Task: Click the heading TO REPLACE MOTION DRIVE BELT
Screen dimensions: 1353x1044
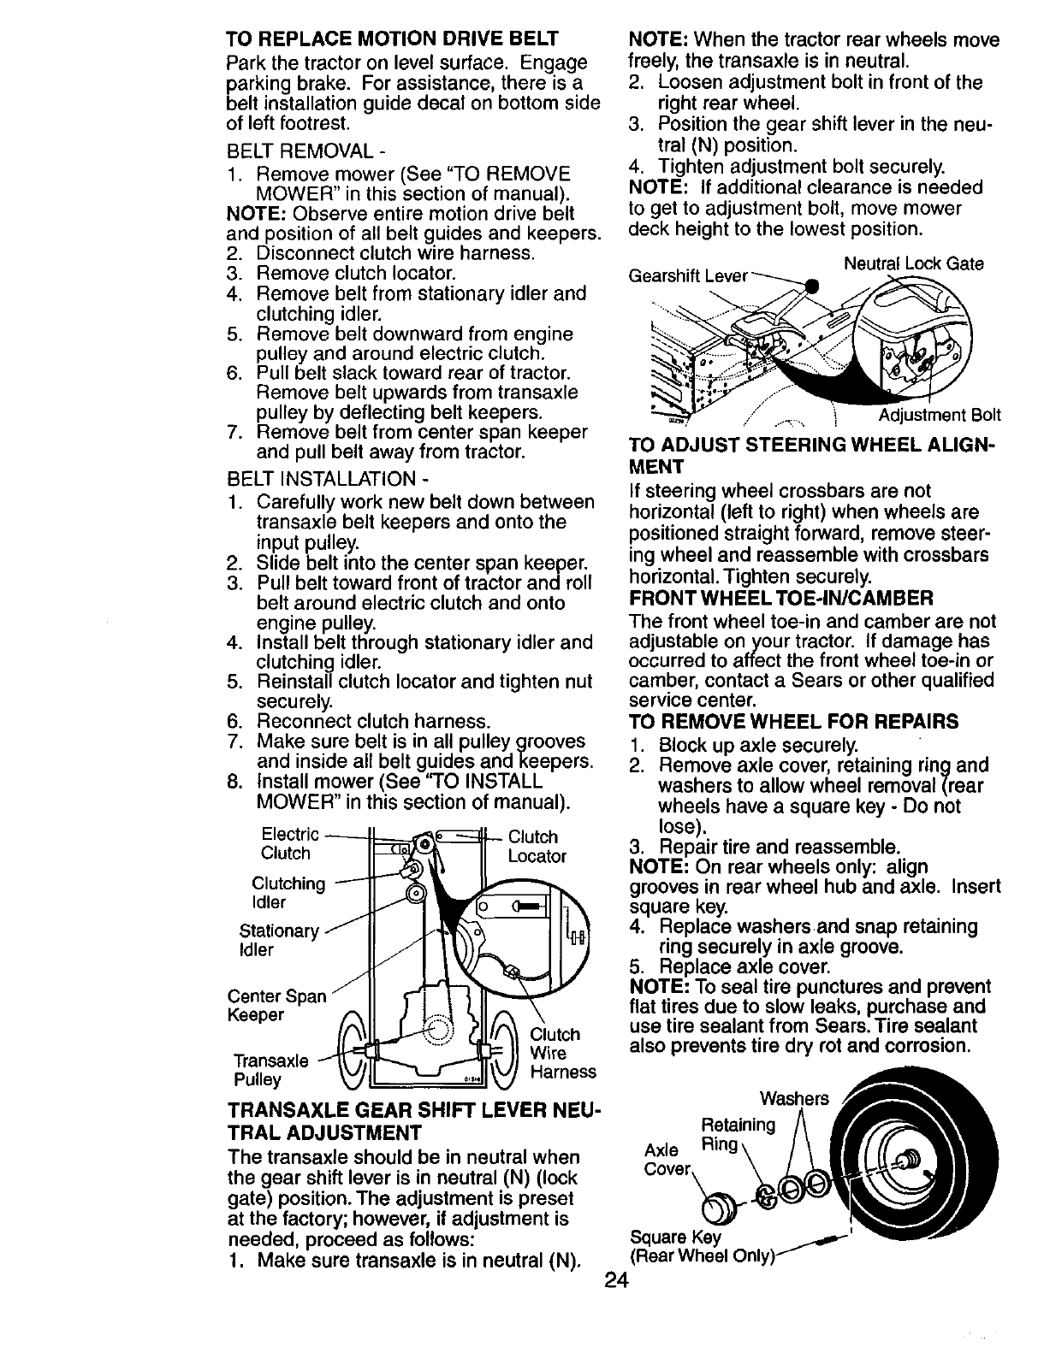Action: tap(392, 39)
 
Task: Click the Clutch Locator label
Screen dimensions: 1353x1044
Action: tap(537, 847)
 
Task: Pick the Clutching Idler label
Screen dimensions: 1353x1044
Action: tap(288, 893)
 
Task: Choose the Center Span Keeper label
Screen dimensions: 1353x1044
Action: tap(276, 1006)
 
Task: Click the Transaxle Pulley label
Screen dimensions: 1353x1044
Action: tap(271, 1070)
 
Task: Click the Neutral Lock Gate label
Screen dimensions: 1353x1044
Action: tap(913, 263)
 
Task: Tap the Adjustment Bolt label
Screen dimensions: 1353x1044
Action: tap(940, 416)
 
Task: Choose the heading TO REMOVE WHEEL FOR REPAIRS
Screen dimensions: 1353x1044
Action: tap(793, 722)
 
